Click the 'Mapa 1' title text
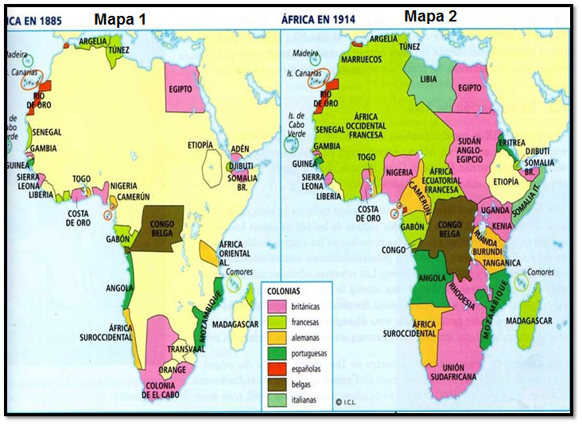tap(120, 18)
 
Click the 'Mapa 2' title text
tap(430, 15)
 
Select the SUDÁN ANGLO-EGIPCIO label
tap(477, 146)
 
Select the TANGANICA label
tap(502, 262)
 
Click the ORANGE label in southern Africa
tap(172, 369)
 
